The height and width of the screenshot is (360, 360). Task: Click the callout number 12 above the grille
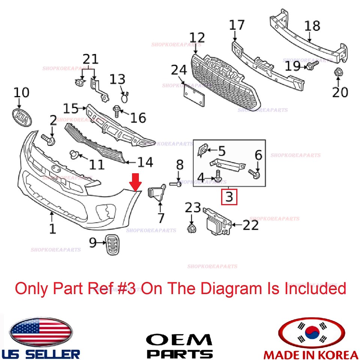[x=197, y=37]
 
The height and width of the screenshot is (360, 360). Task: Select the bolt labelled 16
[x=116, y=111]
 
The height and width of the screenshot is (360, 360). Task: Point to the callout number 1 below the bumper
[x=52, y=228]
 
